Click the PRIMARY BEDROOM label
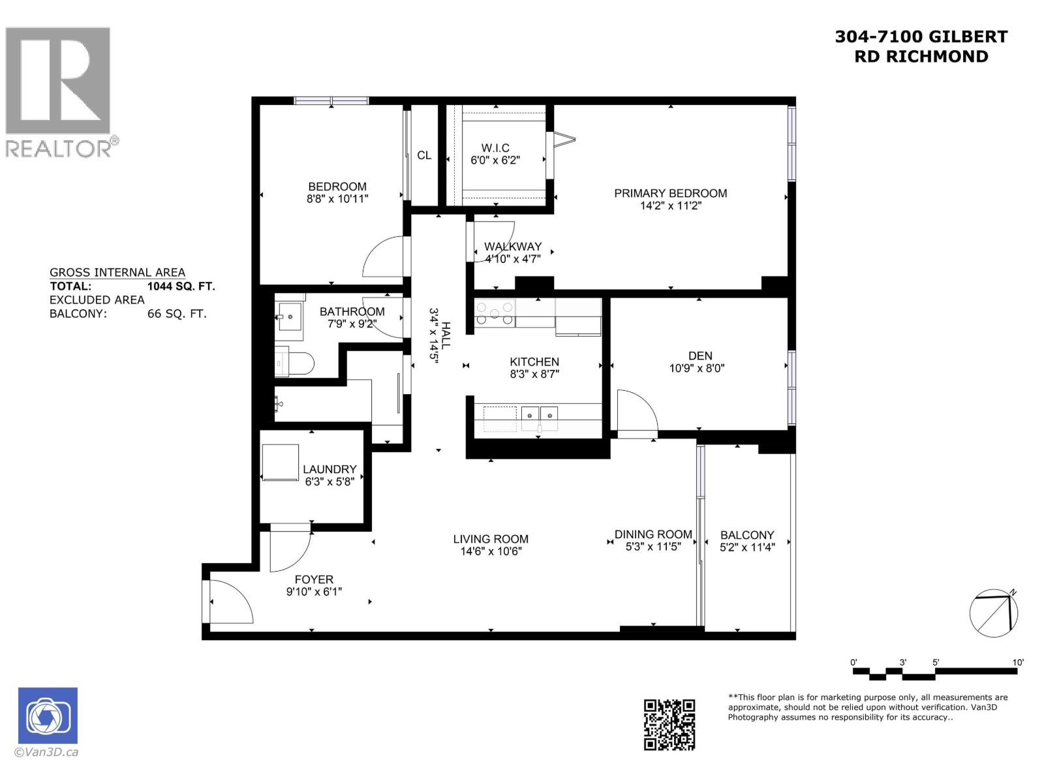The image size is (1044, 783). point(670,193)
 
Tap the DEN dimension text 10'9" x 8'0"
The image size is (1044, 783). point(697,368)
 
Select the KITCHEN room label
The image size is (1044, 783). point(534,361)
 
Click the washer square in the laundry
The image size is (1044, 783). point(280,462)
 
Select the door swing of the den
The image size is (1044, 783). point(636,411)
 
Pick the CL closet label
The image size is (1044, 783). point(424,155)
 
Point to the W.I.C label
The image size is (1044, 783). point(495,148)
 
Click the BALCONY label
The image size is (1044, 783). point(747,535)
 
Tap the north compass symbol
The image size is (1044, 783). point(994,613)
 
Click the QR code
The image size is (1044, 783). point(669,724)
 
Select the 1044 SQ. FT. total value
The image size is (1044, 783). point(181,286)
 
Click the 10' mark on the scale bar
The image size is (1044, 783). point(1018,662)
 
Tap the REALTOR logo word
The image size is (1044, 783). point(59,148)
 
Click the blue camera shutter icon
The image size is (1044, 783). point(48,716)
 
